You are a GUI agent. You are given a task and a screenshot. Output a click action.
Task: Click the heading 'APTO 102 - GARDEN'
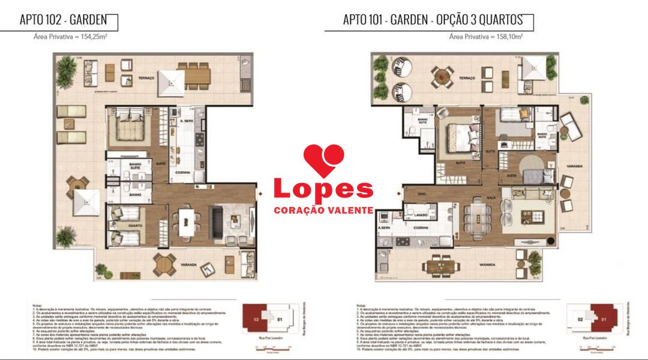pyautogui.click(x=63, y=20)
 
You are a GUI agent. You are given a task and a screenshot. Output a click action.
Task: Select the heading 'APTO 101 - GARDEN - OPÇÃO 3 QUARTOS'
pyautogui.click(x=433, y=20)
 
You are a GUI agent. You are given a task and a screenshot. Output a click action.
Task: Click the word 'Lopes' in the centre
pyautogui.click(x=323, y=188)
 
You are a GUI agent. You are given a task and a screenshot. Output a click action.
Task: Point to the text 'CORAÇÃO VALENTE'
pyautogui.click(x=323, y=211)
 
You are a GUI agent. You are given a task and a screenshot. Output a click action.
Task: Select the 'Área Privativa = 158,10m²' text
pyautogui.click(x=485, y=37)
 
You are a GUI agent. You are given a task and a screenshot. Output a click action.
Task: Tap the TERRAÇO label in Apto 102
pyautogui.click(x=147, y=79)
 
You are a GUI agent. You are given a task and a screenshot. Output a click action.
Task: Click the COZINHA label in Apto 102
pyautogui.click(x=183, y=172)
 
